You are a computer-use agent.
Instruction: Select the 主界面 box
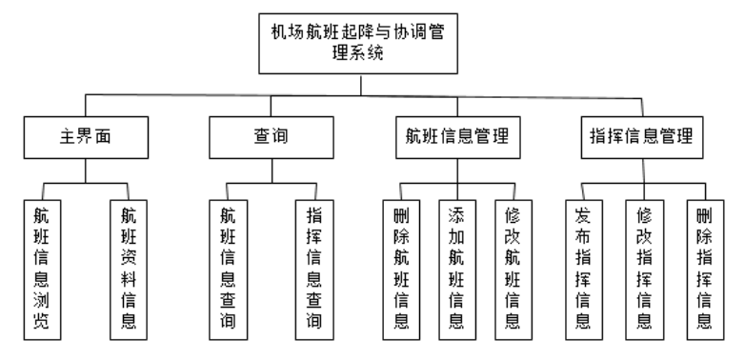[x=86, y=136]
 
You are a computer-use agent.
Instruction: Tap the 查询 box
[x=270, y=136]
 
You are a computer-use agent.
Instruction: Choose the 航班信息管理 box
[x=456, y=136]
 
